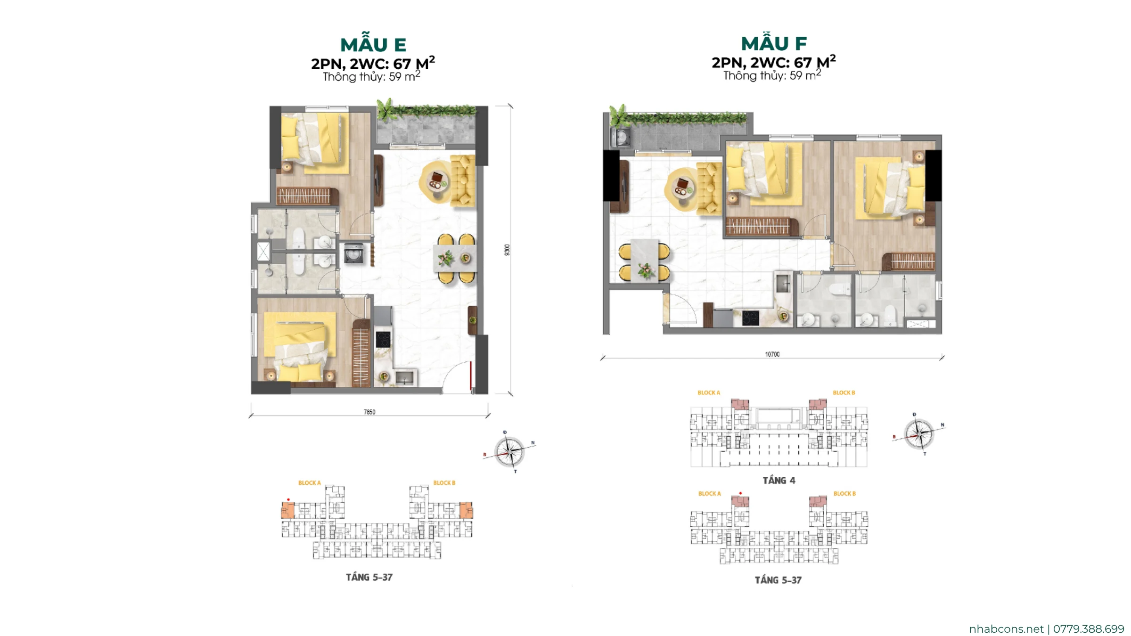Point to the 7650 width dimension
369,412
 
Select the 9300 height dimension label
507,250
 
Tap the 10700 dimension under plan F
772,354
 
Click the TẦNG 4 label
779,480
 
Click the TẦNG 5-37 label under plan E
369,577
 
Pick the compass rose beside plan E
509,452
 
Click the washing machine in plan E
353,253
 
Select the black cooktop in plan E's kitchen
383,339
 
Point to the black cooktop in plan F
750,318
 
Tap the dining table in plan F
645,260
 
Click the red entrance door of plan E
471,376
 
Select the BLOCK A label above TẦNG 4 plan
709,392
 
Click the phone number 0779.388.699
1089,629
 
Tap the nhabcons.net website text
1006,629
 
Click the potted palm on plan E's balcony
386,109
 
